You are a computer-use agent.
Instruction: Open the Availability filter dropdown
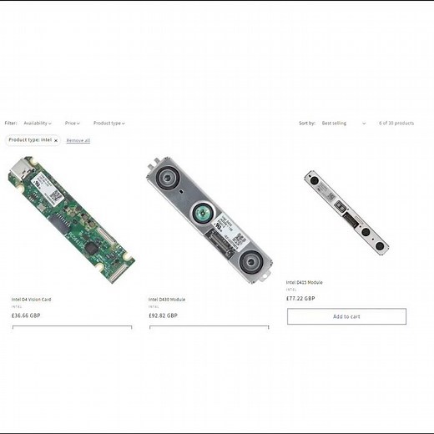click(38, 124)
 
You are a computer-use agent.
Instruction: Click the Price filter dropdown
click(73, 124)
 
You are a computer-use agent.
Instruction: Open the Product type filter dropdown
click(109, 124)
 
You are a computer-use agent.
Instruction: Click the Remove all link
click(78, 140)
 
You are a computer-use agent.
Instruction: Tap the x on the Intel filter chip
click(56, 140)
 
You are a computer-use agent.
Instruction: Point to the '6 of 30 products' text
click(396, 124)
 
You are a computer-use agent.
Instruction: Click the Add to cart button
click(346, 316)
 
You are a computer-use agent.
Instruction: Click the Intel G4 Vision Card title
click(31, 299)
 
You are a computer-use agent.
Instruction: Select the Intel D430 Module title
click(167, 299)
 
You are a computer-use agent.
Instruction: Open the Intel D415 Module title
click(305, 282)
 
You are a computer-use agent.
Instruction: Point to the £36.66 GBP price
click(26, 315)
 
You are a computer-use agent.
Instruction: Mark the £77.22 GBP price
click(300, 298)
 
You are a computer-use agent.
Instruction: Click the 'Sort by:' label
click(307, 124)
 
